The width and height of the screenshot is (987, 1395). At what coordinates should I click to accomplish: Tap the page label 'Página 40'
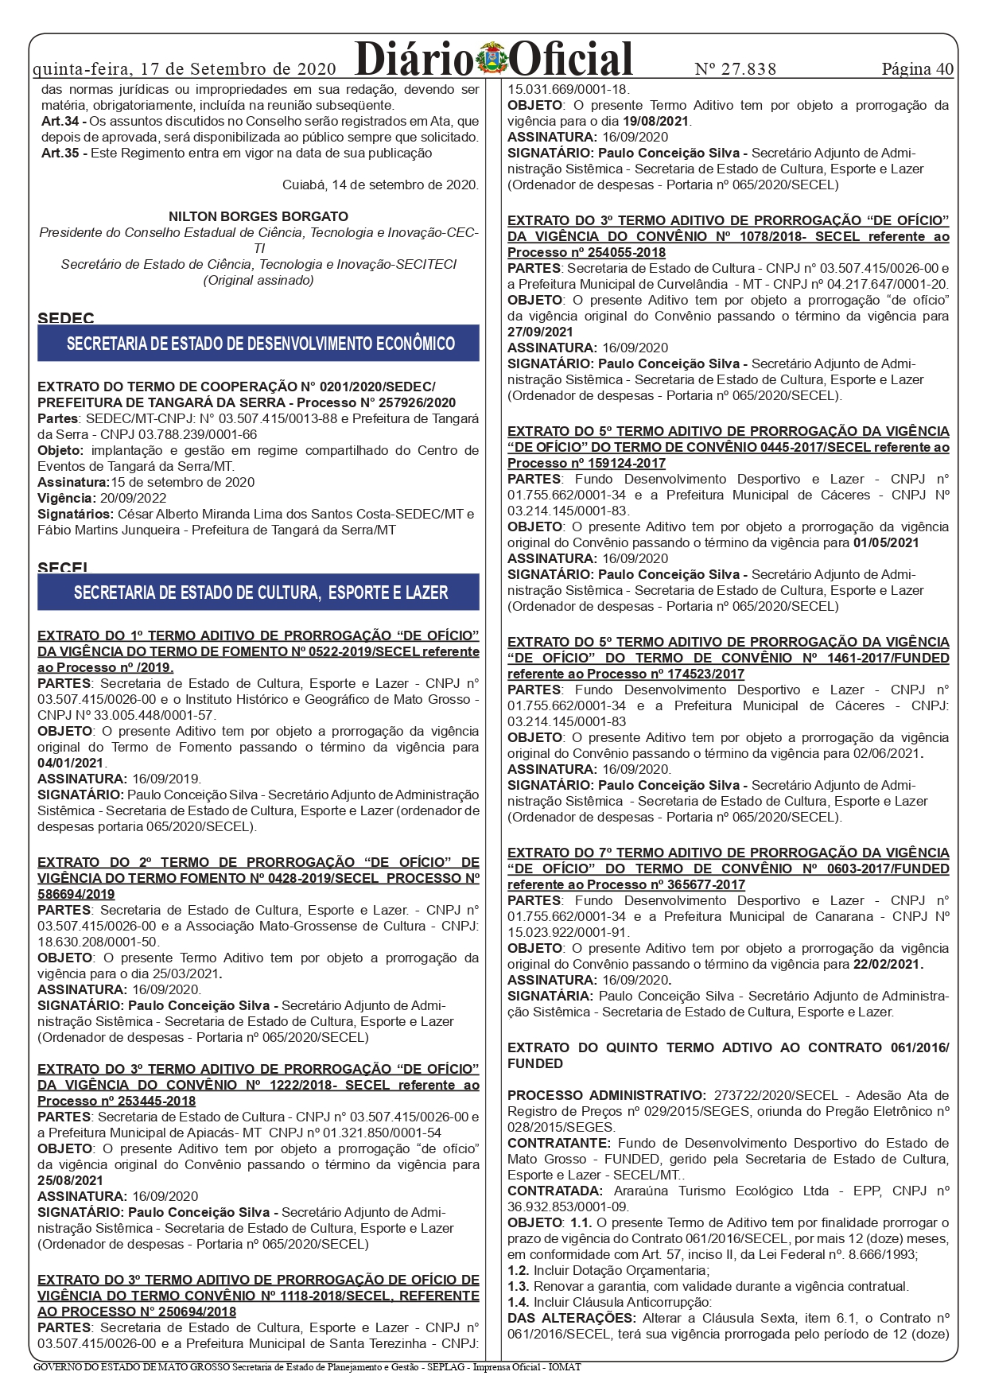[917, 69]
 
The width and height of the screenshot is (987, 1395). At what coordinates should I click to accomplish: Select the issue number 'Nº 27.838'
[735, 69]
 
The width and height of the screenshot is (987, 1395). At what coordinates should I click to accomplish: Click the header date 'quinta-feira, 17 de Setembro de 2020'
[185, 69]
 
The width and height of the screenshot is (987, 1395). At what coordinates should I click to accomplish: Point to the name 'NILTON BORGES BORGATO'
[258, 216]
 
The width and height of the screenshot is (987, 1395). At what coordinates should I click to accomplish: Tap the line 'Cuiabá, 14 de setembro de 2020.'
[380, 185]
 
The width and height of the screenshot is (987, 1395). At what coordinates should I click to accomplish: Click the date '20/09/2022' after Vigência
[133, 498]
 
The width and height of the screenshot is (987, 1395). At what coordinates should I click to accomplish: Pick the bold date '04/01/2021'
[71, 763]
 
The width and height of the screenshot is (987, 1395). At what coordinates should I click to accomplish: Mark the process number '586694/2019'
[76, 894]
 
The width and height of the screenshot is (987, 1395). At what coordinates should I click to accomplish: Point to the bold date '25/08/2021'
[71, 1180]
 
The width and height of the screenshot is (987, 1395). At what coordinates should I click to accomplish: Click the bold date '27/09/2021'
[540, 332]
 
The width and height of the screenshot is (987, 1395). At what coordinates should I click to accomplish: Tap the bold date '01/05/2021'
[886, 542]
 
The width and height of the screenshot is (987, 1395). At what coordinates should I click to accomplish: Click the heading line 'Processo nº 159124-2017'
[586, 463]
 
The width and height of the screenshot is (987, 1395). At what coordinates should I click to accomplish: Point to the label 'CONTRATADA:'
[555, 1191]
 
